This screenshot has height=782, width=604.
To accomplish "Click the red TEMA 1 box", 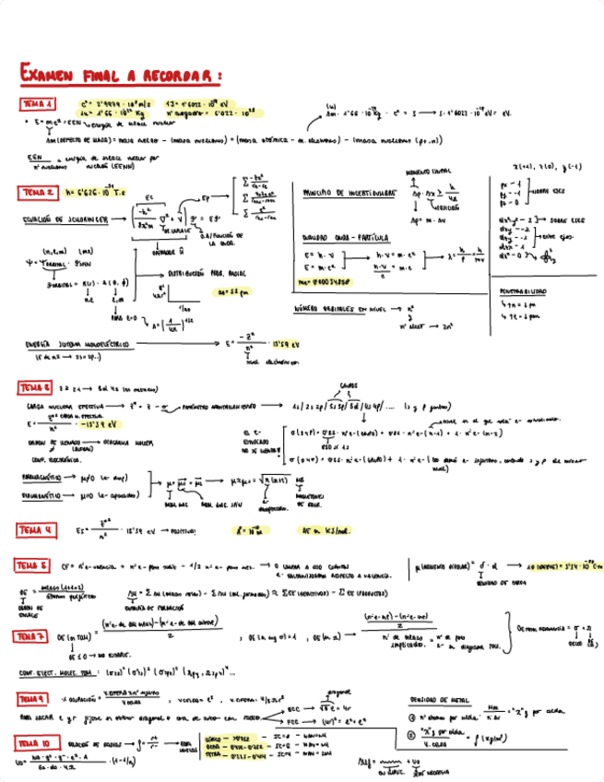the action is (x=38, y=104).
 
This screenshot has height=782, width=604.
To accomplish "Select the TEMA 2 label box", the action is (x=39, y=192).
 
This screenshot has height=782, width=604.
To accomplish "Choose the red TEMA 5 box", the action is (x=32, y=564).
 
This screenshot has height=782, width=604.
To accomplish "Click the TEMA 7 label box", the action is (x=31, y=636).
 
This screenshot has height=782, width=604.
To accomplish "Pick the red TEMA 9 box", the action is (x=34, y=698).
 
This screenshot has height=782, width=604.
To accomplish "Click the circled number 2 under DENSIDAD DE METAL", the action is (x=411, y=734).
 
